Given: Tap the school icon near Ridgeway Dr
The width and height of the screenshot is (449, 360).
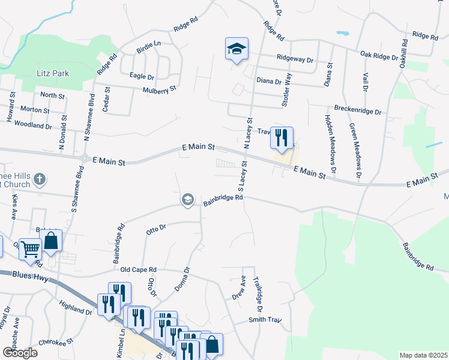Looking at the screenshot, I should pyautogui.click(x=237, y=49).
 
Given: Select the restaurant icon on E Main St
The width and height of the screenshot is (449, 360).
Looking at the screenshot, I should pyautogui.click(x=281, y=138).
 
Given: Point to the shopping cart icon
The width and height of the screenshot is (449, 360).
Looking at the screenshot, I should pyautogui.click(x=29, y=248).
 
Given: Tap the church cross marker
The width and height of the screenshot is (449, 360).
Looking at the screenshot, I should pyautogui.click(x=40, y=179).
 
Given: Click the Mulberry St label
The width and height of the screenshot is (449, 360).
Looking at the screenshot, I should pyautogui.click(x=159, y=89).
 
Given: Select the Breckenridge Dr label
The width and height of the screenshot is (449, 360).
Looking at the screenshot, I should pyautogui.click(x=358, y=112).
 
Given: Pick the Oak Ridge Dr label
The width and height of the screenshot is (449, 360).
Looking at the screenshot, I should pyautogui.click(x=379, y=55).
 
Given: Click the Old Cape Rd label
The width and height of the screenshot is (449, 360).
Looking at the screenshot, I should pyautogui.click(x=138, y=270).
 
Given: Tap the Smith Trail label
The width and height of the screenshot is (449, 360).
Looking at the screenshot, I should pyautogui.click(x=265, y=320).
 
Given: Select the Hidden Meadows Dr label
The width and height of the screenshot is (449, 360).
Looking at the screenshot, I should pyautogui.click(x=330, y=141).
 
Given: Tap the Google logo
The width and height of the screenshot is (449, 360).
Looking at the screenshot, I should pyautogui.click(x=20, y=353).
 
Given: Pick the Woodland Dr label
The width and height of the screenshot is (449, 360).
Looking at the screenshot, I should pyautogui.click(x=32, y=126).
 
